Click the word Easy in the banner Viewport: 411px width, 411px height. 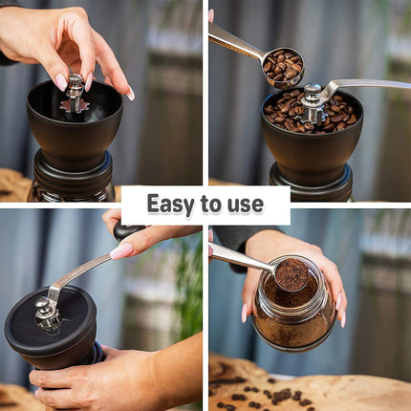click(172, 205)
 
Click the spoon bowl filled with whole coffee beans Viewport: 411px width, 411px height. click(282, 66)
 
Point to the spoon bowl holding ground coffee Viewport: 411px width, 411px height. click(291, 275)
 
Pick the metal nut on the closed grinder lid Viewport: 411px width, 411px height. click(45, 310)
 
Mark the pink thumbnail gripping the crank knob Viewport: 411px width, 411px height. click(121, 251)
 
